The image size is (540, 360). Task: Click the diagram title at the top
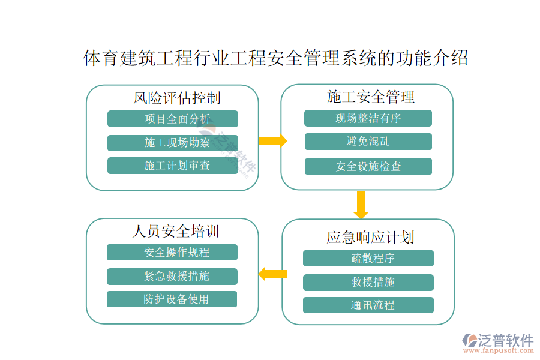[275, 58]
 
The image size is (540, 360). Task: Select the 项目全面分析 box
[173, 119]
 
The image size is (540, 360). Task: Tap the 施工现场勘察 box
[173, 143]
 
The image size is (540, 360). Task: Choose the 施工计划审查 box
[173, 166]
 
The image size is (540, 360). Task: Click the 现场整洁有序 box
[368, 118]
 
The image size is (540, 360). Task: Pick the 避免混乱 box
[368, 142]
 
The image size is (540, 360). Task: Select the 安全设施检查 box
[368, 166]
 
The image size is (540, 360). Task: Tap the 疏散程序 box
[368, 258]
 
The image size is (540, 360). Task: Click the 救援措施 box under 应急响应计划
[368, 282]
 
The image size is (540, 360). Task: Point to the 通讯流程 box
[368, 305]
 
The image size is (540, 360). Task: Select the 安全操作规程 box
[172, 253]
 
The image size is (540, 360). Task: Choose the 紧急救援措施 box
[172, 276]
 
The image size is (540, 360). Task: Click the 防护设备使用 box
[172, 299]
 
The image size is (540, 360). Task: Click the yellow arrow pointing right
[273, 141]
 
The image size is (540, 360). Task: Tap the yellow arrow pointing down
[361, 205]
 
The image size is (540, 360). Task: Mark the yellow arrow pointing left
[272, 274]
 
